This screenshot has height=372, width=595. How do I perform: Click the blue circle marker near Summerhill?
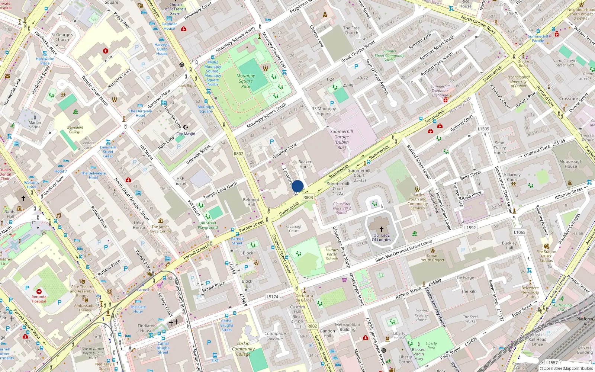(x=297, y=186)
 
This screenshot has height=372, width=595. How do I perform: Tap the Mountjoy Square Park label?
(x=246, y=81)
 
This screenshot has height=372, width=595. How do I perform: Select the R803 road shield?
(x=308, y=198)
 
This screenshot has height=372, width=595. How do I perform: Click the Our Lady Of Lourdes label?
(x=382, y=237)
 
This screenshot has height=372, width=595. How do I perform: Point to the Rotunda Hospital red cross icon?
(x=39, y=291)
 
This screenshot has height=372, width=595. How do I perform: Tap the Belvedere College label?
(x=75, y=129)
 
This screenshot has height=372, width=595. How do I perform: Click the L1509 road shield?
(x=483, y=129)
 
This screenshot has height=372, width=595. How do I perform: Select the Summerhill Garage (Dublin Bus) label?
(x=341, y=139)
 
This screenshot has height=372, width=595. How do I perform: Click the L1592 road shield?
(x=470, y=228)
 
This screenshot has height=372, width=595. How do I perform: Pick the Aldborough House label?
(x=570, y=164)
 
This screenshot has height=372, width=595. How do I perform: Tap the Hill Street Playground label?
(x=208, y=225)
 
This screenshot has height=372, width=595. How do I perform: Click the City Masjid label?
(x=186, y=134)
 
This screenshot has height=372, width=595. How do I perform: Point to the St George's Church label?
(x=62, y=37)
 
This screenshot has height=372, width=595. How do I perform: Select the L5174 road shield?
(x=272, y=297)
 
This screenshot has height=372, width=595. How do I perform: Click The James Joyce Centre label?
(x=160, y=229)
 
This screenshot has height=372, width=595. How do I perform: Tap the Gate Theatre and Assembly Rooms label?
(x=82, y=291)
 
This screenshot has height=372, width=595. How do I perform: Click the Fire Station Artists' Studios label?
(x=546, y=256)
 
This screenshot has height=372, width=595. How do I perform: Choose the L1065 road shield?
(x=520, y=232)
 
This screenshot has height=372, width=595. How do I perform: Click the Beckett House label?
(x=305, y=164)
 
